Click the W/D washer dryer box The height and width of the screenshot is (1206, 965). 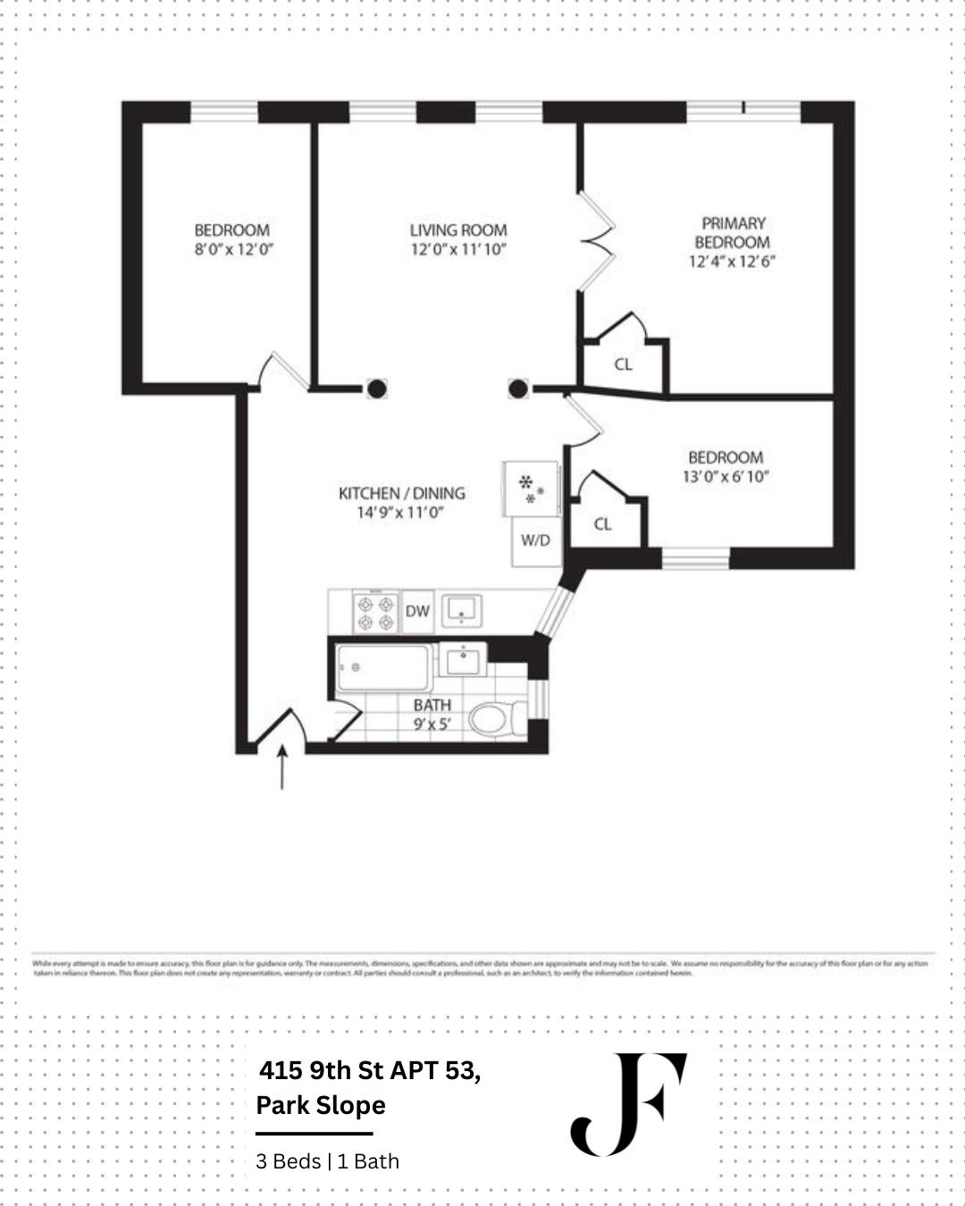coord(536,540)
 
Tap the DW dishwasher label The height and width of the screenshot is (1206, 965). coord(417,611)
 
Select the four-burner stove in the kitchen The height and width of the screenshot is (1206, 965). coord(375,612)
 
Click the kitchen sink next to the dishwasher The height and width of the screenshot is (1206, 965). coord(462,610)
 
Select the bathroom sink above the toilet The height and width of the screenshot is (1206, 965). coord(462,662)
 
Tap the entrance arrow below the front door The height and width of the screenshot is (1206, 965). coord(283,767)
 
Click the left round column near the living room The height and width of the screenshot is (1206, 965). coord(377,388)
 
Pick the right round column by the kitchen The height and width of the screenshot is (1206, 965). coord(518,388)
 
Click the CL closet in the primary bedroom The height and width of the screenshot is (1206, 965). coord(624,364)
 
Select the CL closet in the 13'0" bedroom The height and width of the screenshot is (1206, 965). coord(603,523)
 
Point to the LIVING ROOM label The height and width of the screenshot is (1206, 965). coord(458,230)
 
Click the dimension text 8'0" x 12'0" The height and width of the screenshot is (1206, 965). coord(233,250)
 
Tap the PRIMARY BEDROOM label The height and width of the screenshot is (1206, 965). coord(733,232)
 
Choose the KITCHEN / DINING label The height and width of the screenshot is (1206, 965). coord(401,493)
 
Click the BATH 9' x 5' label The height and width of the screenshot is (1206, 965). coord(432,715)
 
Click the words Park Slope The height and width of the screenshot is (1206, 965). coord(321,1105)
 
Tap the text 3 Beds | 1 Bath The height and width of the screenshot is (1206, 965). coord(327,1161)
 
